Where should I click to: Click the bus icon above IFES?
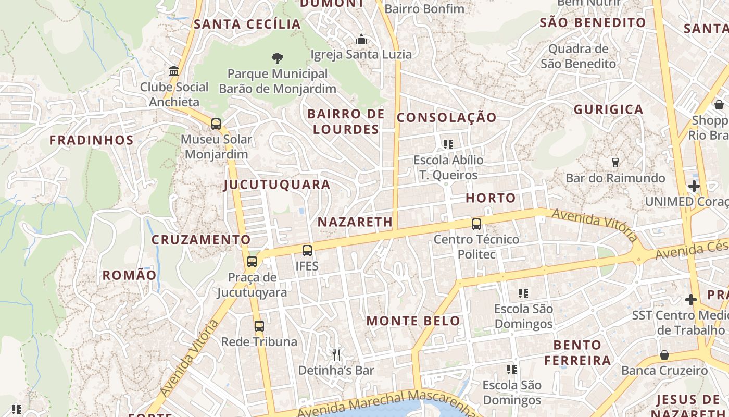(x=307, y=251)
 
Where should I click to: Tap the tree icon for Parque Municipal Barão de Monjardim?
(x=278, y=58)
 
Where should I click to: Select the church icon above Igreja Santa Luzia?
(x=361, y=39)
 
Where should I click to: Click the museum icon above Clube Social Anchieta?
(x=174, y=71)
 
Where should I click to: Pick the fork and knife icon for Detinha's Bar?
(x=336, y=355)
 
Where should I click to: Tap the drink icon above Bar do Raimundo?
(x=615, y=163)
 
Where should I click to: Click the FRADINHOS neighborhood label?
(x=92, y=140)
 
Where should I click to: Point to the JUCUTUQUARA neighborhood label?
(x=277, y=185)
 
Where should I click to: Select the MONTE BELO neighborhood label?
(x=413, y=321)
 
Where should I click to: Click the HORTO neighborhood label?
(x=491, y=198)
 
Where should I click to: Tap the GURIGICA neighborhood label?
(x=609, y=109)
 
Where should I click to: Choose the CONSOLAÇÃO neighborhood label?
(x=447, y=118)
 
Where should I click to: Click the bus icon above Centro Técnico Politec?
(x=476, y=224)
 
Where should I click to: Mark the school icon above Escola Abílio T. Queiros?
(x=448, y=144)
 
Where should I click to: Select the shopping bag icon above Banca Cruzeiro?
(x=664, y=355)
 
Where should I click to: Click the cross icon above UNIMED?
(x=694, y=186)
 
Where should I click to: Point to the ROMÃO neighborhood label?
(x=129, y=275)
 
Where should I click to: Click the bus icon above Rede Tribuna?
(x=259, y=326)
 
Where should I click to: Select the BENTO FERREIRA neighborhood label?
(x=577, y=353)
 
